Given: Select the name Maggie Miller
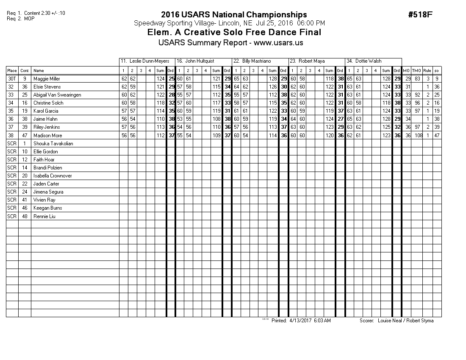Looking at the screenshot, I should tap(47, 79).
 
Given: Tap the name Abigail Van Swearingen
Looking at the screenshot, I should tap(57, 95).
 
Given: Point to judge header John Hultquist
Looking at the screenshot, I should tap(200, 61).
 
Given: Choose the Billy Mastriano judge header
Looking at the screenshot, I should tap(256, 61).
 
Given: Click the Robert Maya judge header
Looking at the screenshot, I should tap(311, 61).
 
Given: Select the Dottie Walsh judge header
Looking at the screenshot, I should tap(368, 61).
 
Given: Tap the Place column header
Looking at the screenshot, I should tap(12, 71).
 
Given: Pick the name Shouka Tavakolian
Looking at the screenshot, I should tap(53, 144).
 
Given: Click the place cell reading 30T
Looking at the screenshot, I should tap(12, 79).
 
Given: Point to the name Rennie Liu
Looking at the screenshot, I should tap(44, 216).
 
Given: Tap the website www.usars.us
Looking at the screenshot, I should tap(278, 43).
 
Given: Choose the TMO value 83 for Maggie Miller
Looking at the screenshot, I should tap(418, 79).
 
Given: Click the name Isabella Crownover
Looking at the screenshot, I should tap(53, 176).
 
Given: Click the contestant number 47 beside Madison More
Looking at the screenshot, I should tap(25, 136).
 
